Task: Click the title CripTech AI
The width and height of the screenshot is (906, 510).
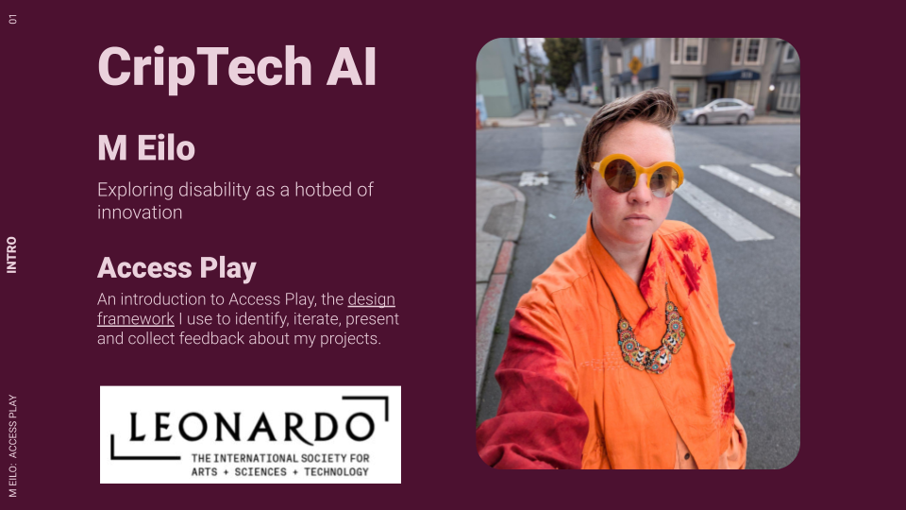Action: click(x=237, y=67)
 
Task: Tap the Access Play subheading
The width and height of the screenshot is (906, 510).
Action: click(x=176, y=268)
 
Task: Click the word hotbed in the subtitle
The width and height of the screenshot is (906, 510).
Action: click(x=318, y=190)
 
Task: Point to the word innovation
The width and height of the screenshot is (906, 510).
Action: click(x=140, y=212)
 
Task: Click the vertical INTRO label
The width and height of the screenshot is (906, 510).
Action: click(x=12, y=255)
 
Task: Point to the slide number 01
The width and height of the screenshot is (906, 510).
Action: click(x=12, y=19)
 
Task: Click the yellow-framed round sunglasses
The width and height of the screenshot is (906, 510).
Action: click(x=638, y=175)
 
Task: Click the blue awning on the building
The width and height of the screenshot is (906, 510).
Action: click(x=732, y=76)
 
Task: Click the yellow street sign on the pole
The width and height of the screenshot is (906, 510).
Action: click(x=635, y=65)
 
